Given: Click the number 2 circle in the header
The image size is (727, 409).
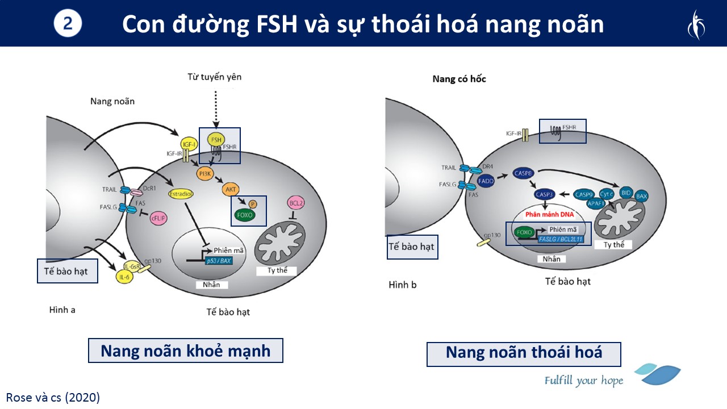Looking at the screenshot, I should pyautogui.click(x=68, y=24).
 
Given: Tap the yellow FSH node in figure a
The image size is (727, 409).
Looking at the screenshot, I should pyautogui.click(x=216, y=140).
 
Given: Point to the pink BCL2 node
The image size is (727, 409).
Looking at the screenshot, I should pyautogui.click(x=294, y=203).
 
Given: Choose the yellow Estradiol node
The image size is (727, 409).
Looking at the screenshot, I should pyautogui.click(x=181, y=194).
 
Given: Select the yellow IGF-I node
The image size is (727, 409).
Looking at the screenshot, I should pyautogui.click(x=188, y=145).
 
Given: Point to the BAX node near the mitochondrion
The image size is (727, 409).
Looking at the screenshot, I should pyautogui.click(x=642, y=197).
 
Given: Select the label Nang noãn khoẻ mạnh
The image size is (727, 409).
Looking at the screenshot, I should pyautogui.click(x=185, y=351).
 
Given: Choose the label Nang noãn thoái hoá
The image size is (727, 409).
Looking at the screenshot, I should pyautogui.click(x=524, y=353).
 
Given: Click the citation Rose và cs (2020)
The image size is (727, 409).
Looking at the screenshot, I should pyautogui.click(x=53, y=397).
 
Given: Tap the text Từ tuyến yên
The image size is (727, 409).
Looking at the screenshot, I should pyautogui.click(x=214, y=76).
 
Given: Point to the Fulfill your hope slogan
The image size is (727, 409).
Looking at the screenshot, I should pyautogui.click(x=583, y=380).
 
